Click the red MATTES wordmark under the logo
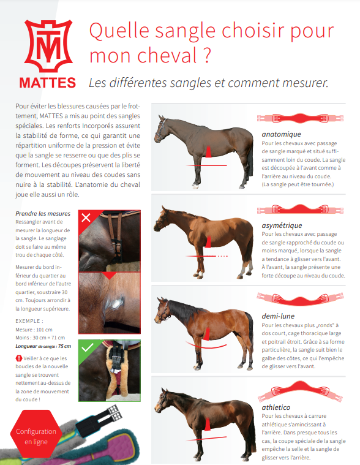click(47, 81)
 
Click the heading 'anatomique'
click(281, 134)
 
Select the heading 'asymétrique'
click(283, 225)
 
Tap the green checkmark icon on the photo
click(87, 348)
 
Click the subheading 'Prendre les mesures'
click(42, 214)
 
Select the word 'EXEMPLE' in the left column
click(29, 320)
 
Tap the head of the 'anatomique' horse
click(162, 129)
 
